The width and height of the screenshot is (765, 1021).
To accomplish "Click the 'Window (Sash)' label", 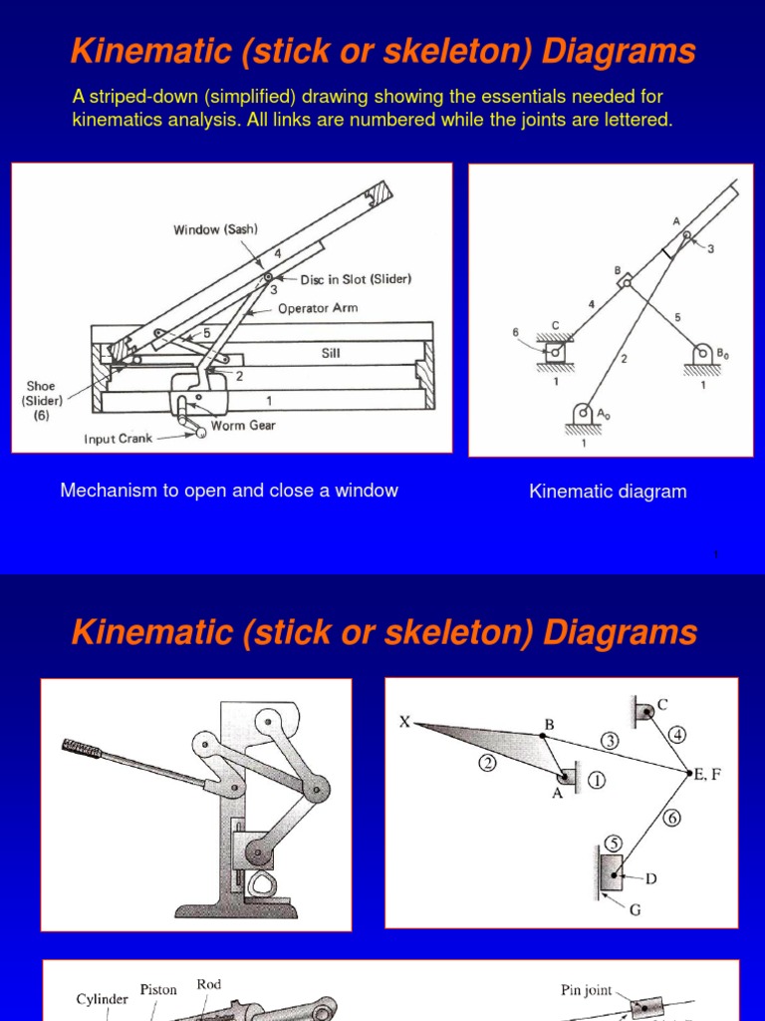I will tap(215, 229).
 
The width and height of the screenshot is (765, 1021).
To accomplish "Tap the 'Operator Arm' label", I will tap(318, 308).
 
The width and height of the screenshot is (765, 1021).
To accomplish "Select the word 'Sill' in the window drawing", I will tap(331, 352).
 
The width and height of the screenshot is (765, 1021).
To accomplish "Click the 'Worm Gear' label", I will tap(243, 425).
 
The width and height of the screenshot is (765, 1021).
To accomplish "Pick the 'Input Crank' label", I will tap(120, 439).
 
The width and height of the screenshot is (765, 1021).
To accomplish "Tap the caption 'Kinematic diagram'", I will tap(608, 492).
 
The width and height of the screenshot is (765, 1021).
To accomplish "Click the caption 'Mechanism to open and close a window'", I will tap(229, 491).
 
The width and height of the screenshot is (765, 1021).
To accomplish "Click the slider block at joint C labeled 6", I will tap(553, 350).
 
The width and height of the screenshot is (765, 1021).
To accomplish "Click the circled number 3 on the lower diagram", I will tap(609, 741).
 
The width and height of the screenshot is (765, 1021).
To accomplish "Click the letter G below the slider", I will tap(635, 910).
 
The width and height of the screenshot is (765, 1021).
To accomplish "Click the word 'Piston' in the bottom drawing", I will tap(158, 990).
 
